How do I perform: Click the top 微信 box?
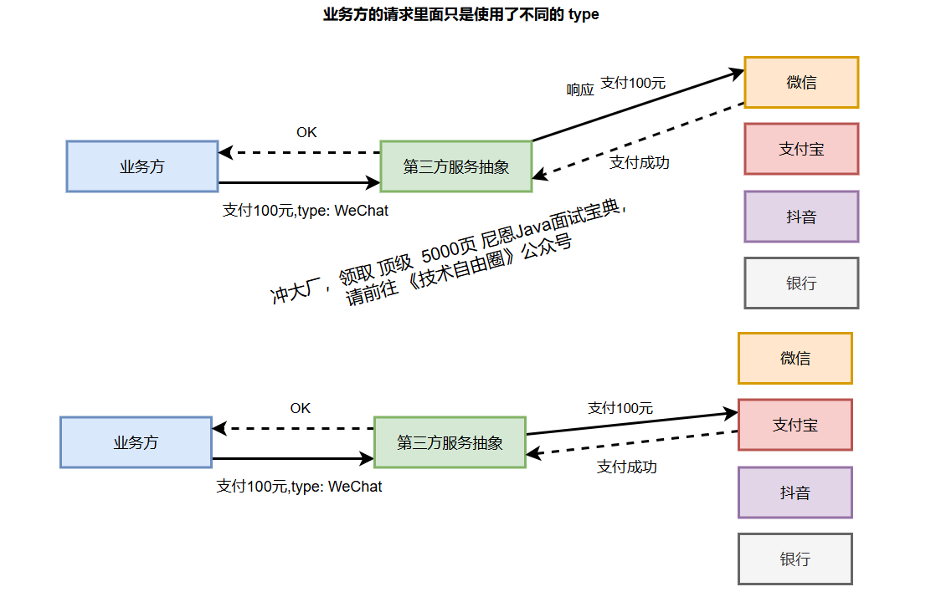(801, 83)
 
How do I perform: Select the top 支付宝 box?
(801, 149)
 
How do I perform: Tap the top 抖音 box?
(801, 217)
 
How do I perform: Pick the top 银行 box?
(801, 283)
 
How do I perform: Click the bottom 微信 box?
(795, 359)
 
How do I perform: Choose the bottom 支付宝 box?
(795, 425)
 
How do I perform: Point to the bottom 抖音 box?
(795, 492)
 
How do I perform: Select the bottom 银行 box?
(795, 559)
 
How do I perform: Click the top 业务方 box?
(142, 166)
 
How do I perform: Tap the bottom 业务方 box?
(136, 442)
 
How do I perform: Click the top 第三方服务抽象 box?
(456, 166)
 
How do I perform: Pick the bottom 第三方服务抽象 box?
(450, 442)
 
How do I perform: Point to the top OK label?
(306, 132)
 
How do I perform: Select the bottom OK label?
(301, 408)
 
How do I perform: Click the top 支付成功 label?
(639, 163)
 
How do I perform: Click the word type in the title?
(584, 14)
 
